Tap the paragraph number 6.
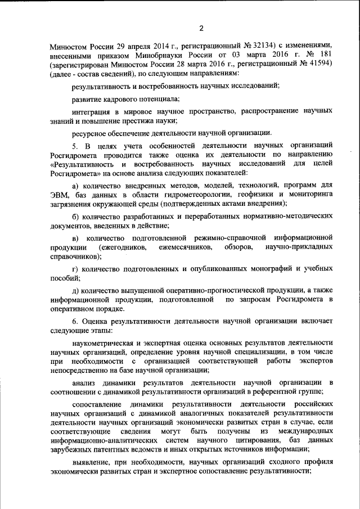75,321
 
